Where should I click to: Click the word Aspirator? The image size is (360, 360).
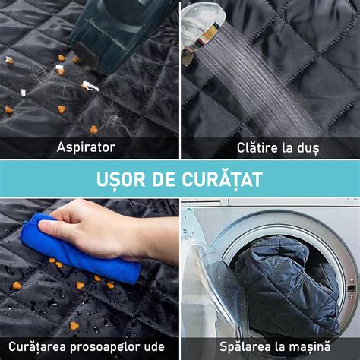86,147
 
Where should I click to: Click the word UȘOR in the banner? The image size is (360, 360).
121,180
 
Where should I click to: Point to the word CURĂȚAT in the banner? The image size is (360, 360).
223,178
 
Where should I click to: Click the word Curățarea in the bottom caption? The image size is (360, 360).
37,347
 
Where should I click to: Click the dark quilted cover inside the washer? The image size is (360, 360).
286,283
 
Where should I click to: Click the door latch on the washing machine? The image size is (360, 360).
352,288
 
